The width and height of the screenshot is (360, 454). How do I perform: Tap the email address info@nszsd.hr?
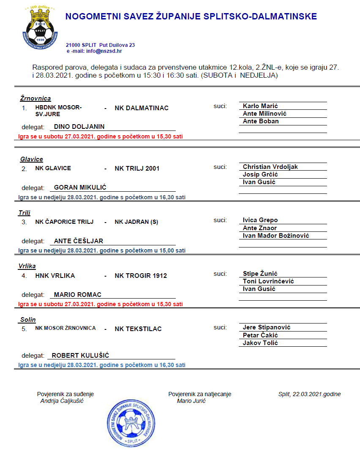pos(104,51)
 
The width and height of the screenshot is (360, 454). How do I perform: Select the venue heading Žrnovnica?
pos(35,98)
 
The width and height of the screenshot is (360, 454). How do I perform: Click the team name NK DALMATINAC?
pos(142,108)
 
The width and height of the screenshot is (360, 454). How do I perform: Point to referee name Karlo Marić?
pos(260,106)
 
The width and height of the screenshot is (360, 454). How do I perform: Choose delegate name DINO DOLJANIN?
pos(79,127)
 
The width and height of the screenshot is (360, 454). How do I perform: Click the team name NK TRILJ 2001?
pos(137,169)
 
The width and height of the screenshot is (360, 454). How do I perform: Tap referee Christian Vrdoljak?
pos(270,167)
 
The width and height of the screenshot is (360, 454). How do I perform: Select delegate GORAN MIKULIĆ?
pos(80,188)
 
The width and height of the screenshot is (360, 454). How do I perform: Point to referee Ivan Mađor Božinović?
pos(276,236)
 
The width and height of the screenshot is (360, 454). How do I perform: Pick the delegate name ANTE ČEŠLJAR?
pos(79,241)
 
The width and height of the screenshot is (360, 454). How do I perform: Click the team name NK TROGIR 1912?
pos(141,276)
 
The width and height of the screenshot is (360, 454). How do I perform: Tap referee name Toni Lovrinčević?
pos(268,281)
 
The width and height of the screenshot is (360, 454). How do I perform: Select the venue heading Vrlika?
pos(27,266)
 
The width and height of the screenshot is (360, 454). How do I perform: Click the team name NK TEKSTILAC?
pos(138,329)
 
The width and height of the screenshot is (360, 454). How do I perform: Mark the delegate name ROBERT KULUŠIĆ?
pos(80,356)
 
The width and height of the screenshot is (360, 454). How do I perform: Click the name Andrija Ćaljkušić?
pos(62,401)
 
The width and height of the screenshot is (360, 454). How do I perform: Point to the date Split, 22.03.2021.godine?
pos(309,394)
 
